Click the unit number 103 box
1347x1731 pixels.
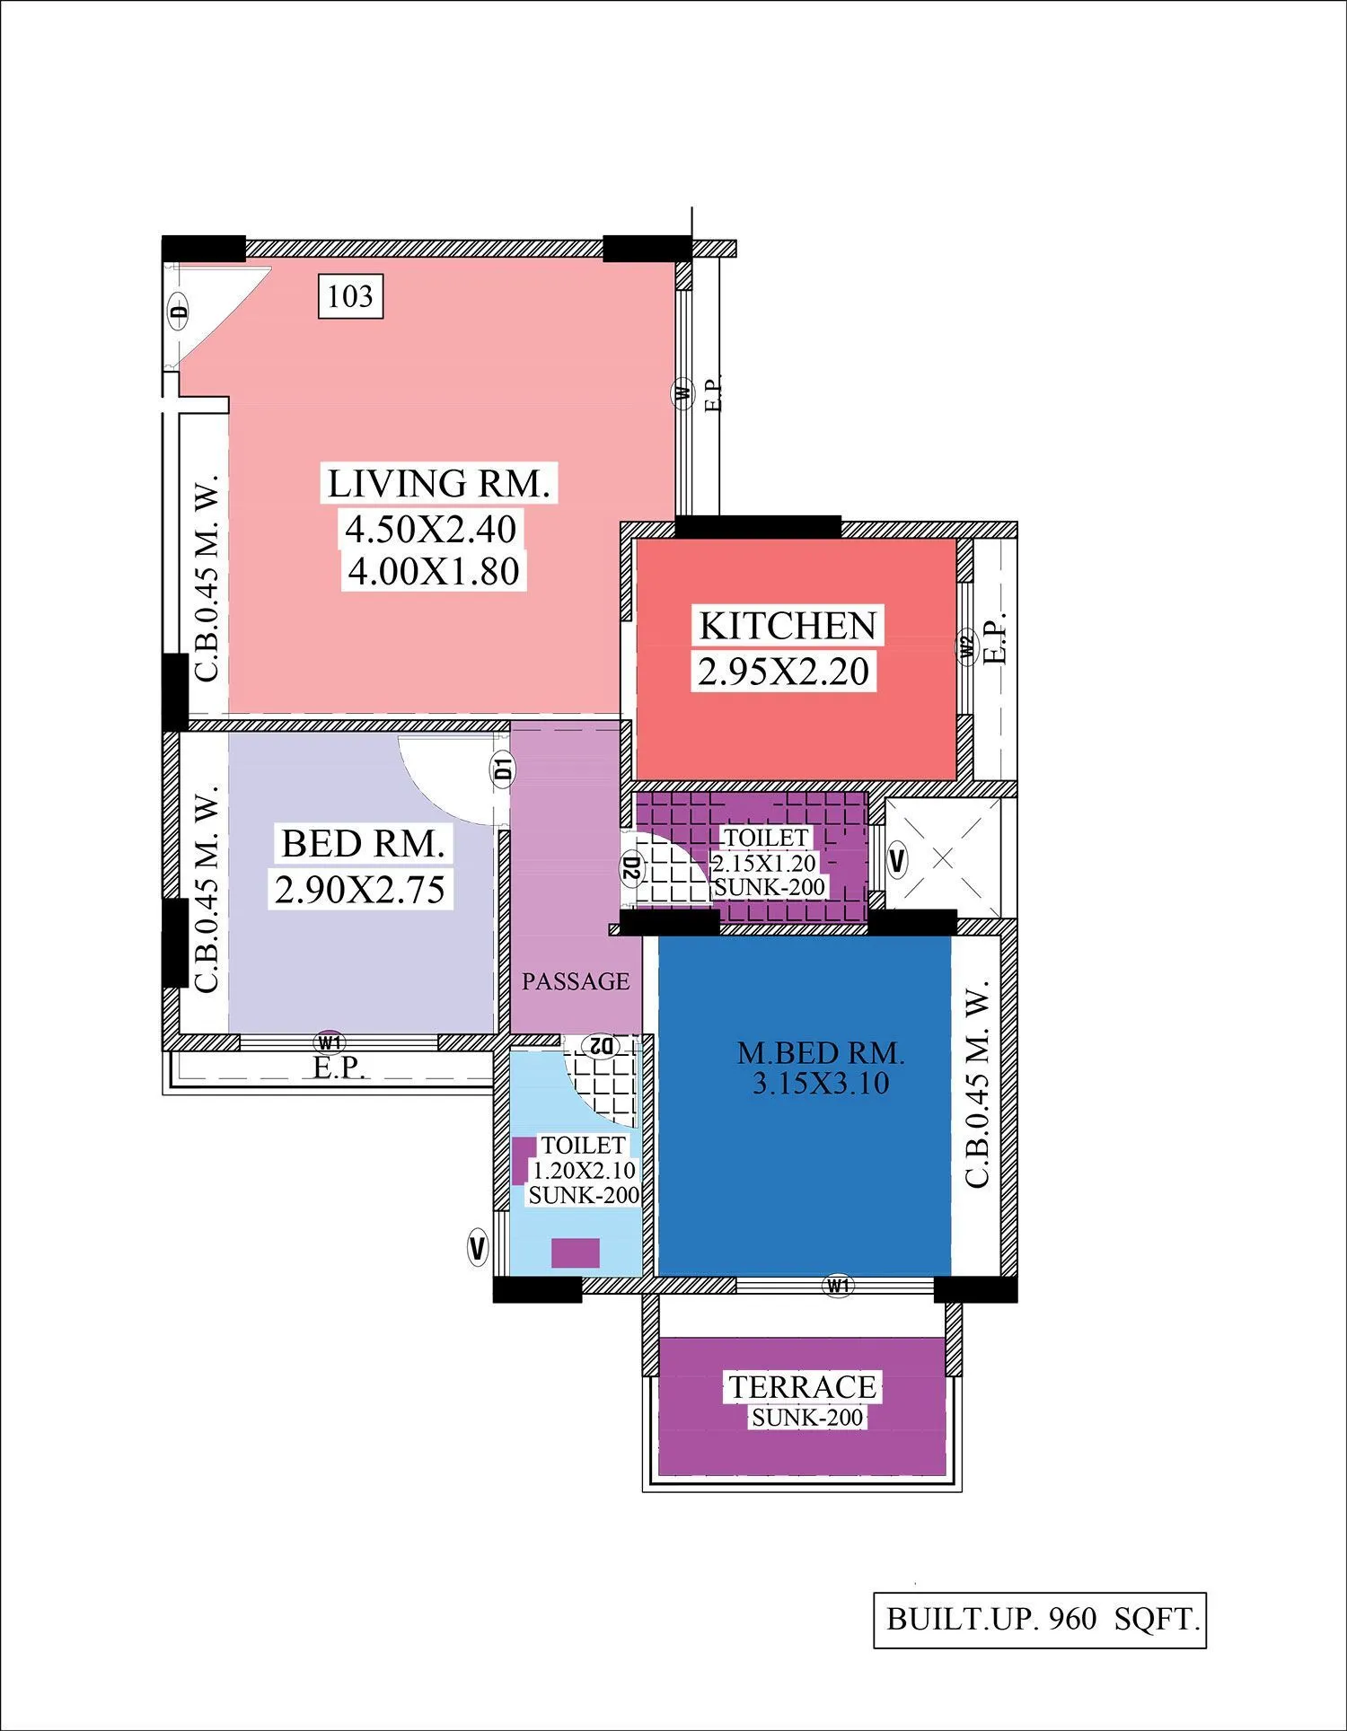(x=350, y=296)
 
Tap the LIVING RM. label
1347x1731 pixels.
(x=438, y=484)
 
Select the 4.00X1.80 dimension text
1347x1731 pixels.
(x=434, y=571)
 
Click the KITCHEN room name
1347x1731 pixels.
(x=788, y=626)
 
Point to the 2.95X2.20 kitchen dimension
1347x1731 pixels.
(x=783, y=671)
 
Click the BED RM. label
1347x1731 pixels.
(x=363, y=844)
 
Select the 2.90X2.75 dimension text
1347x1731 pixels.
(x=360, y=889)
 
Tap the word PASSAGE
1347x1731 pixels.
(x=576, y=981)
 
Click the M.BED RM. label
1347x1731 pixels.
(x=821, y=1052)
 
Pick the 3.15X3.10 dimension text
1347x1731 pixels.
(x=821, y=1083)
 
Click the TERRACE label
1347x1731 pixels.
(x=802, y=1387)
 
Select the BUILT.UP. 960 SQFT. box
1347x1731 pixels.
(x=1040, y=1620)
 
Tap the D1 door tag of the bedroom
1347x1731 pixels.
(x=503, y=769)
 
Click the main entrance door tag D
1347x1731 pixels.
(x=180, y=312)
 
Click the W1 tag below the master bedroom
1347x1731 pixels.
(x=837, y=1286)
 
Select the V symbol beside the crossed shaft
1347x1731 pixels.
(x=896, y=861)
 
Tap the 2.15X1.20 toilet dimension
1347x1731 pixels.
(x=764, y=863)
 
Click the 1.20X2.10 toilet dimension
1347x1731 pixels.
(x=584, y=1170)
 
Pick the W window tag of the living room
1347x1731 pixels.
(x=684, y=392)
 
